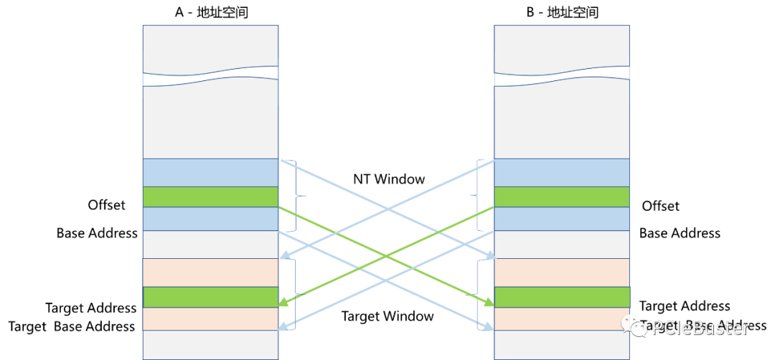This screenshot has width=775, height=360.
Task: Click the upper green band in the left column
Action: pyautogui.click(x=210, y=196)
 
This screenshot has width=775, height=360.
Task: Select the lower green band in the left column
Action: pyautogui.click(x=210, y=297)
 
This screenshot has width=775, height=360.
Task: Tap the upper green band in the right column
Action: pyautogui.click(x=562, y=196)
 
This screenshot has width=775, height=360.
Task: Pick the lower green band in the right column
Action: pyautogui.click(x=562, y=297)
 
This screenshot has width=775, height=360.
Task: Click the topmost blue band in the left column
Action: pyautogui.click(x=210, y=172)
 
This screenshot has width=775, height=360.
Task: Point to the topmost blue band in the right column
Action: pyautogui.click(x=562, y=172)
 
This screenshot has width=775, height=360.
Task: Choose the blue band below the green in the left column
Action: pyautogui.click(x=210, y=219)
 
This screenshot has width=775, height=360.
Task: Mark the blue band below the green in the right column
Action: pyautogui.click(x=562, y=219)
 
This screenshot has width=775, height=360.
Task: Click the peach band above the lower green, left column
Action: pyautogui.click(x=210, y=273)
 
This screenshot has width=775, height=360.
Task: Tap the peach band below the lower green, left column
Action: pyautogui.click(x=210, y=319)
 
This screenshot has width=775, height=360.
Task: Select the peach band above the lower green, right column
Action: pyautogui.click(x=562, y=273)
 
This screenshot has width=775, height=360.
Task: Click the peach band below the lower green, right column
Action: pyautogui.click(x=562, y=319)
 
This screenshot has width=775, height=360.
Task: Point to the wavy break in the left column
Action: pyautogui.click(x=210, y=77)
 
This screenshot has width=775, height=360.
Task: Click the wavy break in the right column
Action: pyautogui.click(x=562, y=77)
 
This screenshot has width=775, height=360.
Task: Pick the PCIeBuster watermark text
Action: pyautogui.click(x=700, y=328)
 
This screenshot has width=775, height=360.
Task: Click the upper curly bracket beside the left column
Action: pyautogui.click(x=296, y=195)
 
